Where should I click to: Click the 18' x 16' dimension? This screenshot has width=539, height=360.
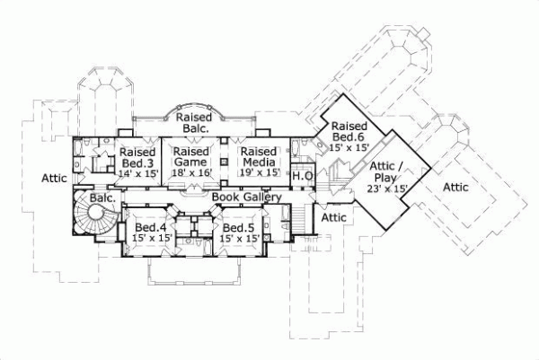[191, 173]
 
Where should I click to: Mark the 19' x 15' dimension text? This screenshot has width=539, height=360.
[259, 173]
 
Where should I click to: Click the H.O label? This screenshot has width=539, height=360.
[302, 177]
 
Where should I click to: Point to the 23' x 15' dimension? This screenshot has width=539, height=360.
[387, 189]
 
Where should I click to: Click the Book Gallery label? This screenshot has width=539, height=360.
[248, 197]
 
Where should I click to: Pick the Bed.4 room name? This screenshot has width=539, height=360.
[152, 227]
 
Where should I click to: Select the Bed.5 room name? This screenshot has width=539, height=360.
[240, 227]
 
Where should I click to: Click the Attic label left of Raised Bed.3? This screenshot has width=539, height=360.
[55, 179]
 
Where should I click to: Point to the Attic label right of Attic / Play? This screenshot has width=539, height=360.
[455, 187]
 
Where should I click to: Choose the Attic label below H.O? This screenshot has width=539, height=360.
[334, 217]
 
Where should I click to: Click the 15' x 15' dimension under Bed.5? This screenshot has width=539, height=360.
[241, 239]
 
